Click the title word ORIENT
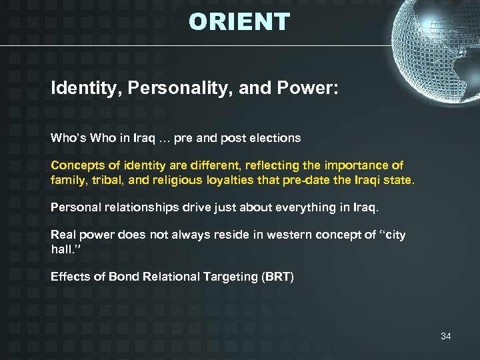[x=239, y=22]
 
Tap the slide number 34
[x=445, y=336]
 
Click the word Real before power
[x=63, y=235]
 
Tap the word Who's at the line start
[x=67, y=139]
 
